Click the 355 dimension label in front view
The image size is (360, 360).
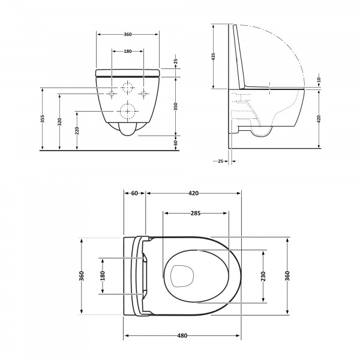click(x=43, y=119)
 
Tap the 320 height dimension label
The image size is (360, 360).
click(x=59, y=122)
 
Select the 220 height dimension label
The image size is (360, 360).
click(x=77, y=131)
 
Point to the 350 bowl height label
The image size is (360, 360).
click(x=176, y=106)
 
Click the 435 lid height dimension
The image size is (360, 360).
click(x=213, y=57)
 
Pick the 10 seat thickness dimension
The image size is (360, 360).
click(x=319, y=80)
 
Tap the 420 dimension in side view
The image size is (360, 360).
click(x=319, y=119)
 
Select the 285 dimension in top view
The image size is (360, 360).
click(x=196, y=213)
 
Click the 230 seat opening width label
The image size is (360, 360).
click(x=263, y=276)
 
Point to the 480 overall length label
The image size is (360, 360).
click(x=182, y=335)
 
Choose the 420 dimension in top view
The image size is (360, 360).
click(x=194, y=193)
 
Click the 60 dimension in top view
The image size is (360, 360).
click(x=134, y=193)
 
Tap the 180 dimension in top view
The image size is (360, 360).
click(x=103, y=276)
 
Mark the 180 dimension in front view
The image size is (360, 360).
click(x=128, y=51)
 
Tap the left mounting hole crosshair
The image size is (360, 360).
click(x=112, y=94)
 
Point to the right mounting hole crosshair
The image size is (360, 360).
click(x=144, y=94)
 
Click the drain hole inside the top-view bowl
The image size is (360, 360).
click(x=182, y=277)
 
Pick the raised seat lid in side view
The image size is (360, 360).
click(x=239, y=58)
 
